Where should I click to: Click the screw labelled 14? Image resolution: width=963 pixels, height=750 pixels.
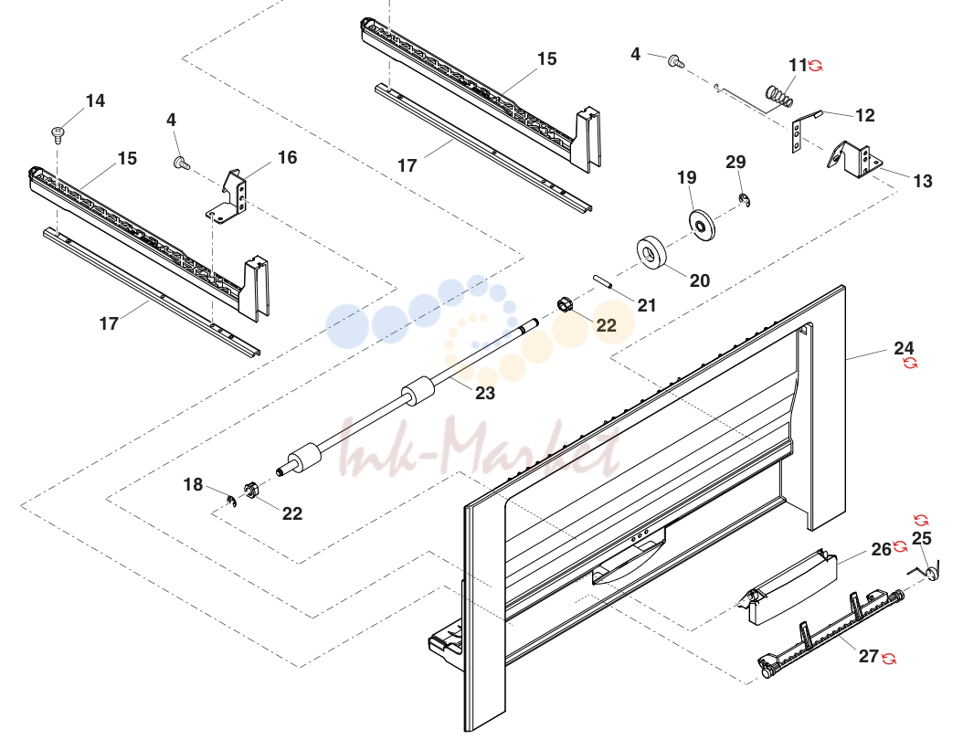coord(58,134)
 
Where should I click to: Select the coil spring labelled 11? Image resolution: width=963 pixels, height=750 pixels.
coord(778,97)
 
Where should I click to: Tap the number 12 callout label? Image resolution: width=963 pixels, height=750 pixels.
coord(864,115)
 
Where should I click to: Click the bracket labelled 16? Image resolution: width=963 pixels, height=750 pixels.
coord(228,195)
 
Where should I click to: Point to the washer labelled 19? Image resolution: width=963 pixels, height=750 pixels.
coord(702,226)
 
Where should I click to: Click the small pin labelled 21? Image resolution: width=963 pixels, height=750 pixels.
coord(602,284)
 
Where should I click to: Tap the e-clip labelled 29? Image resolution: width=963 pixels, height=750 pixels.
coord(744,200)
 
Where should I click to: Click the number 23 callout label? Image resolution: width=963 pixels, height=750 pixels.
coord(484,393)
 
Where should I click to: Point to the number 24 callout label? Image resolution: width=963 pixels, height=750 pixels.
coord(904,348)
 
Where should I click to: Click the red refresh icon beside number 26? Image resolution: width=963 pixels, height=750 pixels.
coord(900,546)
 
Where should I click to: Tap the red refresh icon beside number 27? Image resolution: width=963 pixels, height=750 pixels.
coord(888,659)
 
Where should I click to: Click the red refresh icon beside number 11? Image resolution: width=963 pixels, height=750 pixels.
coord(816,65)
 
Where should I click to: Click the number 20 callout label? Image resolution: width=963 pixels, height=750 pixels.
coord(700,280)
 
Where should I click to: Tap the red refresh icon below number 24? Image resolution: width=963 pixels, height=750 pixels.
coord(910,363)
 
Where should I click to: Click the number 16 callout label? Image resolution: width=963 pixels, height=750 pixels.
coord(287,158)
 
